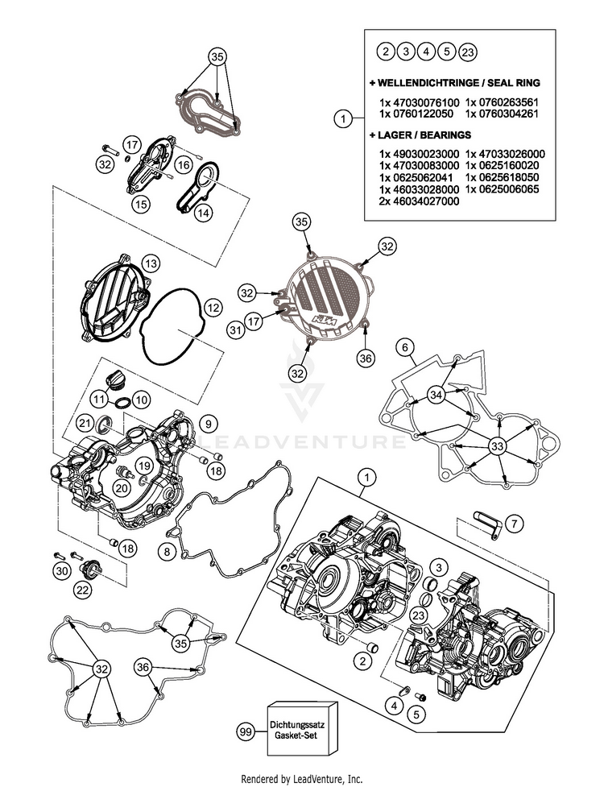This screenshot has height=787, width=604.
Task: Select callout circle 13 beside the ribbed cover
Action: [151, 263]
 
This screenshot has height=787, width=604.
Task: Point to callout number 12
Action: [212, 307]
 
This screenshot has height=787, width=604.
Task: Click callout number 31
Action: [234, 330]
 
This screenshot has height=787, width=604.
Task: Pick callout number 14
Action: [201, 213]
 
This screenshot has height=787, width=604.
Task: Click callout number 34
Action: [436, 395]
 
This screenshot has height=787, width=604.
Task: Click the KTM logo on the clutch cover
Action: [325, 325]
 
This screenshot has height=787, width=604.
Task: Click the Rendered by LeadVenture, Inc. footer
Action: [302, 779]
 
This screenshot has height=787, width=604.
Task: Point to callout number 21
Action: [85, 423]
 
